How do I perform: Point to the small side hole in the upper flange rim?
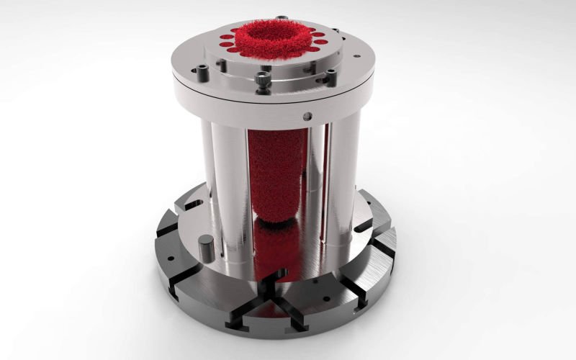[x=307, y=116]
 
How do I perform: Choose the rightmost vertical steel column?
[x=344, y=180]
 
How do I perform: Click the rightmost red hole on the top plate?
[x=322, y=42]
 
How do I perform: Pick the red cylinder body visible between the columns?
[x=273, y=173]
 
